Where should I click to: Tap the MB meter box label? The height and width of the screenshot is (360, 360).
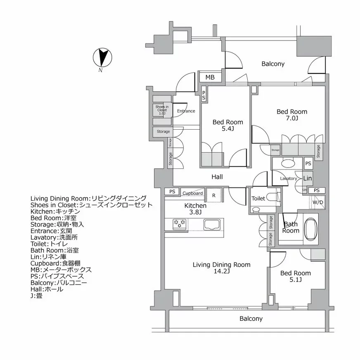click(210, 77)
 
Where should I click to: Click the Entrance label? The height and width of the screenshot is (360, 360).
click(186, 111)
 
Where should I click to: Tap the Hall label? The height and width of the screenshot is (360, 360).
click(217, 177)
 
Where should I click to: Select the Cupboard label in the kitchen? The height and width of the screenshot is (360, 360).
click(192, 193)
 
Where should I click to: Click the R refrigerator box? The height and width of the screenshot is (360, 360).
click(213, 195)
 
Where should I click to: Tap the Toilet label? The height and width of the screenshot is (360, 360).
click(258, 199)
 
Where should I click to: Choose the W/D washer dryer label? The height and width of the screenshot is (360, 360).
click(317, 202)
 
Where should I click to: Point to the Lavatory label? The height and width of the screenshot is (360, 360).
click(288, 178)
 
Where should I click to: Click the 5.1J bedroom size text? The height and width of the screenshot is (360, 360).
click(295, 280)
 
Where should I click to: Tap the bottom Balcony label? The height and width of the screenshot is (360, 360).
click(251, 319)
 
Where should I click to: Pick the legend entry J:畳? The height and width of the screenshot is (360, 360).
click(36, 296)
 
